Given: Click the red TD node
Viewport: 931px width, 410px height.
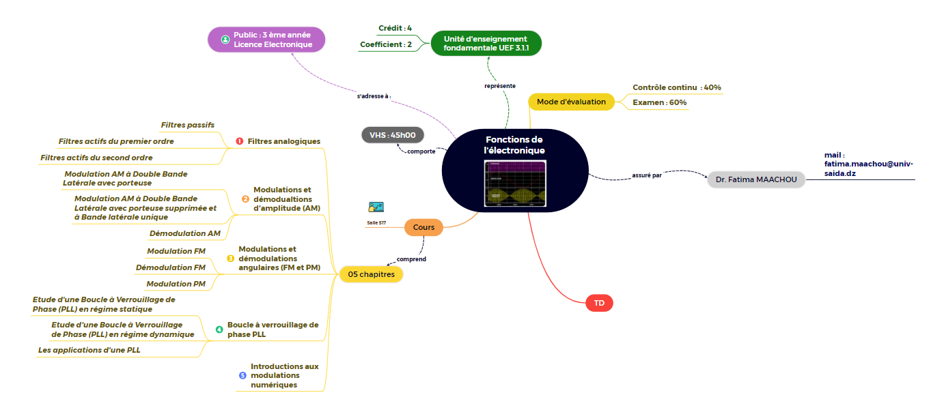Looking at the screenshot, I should (x=599, y=302).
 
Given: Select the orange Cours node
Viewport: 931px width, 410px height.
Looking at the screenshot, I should (x=423, y=227).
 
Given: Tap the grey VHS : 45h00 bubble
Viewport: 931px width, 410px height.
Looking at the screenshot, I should (x=393, y=135).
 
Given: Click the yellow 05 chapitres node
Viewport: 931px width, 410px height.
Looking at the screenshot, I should (x=371, y=274).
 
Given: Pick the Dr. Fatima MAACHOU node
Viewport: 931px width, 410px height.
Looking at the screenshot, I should (x=756, y=180).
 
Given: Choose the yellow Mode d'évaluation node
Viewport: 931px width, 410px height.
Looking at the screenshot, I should (x=571, y=102).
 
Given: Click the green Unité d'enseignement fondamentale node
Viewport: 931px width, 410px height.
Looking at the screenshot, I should (x=485, y=44).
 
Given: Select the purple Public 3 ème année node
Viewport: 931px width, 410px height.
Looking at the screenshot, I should (x=266, y=40).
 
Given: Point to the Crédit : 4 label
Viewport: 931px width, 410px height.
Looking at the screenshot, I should (x=395, y=28).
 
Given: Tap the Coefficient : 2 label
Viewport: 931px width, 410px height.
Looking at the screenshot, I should (x=386, y=44).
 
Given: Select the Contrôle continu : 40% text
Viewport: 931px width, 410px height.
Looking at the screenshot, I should (x=676, y=87).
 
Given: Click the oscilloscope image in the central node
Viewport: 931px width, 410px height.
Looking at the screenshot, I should (x=515, y=183).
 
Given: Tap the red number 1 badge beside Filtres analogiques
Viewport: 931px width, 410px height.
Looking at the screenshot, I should (x=239, y=141).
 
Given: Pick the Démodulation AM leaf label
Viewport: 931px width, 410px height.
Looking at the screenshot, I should (x=184, y=233).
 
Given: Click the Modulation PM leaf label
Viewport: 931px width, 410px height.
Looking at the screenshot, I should (x=176, y=284).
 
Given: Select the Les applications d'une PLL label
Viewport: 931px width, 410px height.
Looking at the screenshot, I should (x=89, y=350).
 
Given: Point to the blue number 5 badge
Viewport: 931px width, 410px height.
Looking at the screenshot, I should (x=242, y=375).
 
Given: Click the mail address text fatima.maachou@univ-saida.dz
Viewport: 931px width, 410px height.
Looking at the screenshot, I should (x=867, y=169).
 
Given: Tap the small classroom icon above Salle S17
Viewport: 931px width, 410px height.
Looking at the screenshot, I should (x=376, y=207).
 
